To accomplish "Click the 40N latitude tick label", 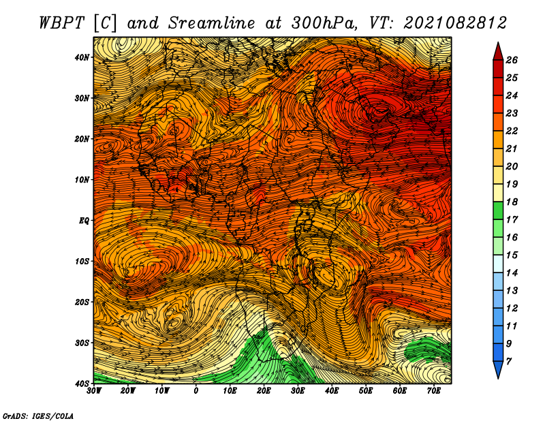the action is [82, 57].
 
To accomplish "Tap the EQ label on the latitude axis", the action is [84, 221].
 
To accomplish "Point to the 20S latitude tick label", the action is [82, 302].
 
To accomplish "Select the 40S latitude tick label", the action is [82, 384].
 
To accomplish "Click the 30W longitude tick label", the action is [94, 391].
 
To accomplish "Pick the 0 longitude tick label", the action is [196, 391].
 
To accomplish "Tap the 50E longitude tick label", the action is [366, 391].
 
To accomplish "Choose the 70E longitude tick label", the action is [434, 391].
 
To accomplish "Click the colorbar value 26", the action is [512, 60].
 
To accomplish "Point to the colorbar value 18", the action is [512, 202].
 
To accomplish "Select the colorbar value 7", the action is [509, 362].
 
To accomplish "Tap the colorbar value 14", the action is [512, 273].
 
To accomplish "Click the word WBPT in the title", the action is [62, 23].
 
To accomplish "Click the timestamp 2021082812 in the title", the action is [455, 23].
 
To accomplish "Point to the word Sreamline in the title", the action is [212, 23].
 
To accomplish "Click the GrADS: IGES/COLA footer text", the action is [38, 416].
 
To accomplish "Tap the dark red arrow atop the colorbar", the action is [498, 52].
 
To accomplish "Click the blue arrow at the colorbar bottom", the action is [498, 370].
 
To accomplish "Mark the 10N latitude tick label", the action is [82, 180].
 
